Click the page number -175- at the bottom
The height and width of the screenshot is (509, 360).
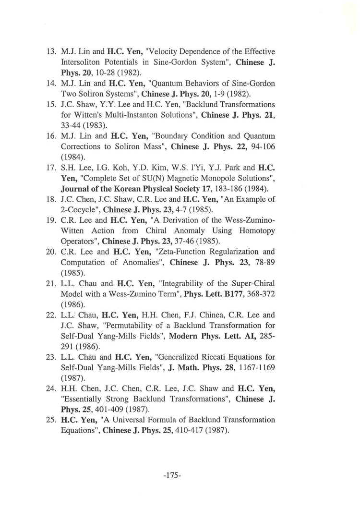(171, 475)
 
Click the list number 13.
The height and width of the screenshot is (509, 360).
(51, 52)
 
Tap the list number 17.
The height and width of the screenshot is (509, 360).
(51, 168)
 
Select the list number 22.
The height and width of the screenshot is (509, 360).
(51, 315)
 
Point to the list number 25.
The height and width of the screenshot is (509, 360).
(51, 420)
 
